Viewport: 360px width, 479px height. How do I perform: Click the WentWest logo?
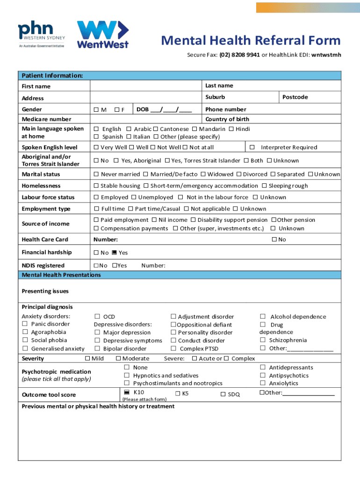pyautogui.click(x=102, y=34)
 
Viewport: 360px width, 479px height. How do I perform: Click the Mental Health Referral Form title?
pyautogui.click(x=251, y=41)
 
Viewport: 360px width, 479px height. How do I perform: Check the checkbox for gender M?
pyautogui.click(x=96, y=110)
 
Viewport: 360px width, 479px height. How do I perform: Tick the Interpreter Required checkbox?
pyautogui.click(x=252, y=148)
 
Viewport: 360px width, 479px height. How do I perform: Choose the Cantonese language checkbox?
pyautogui.click(x=156, y=129)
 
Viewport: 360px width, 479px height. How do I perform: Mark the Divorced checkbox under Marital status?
pyautogui.click(x=239, y=174)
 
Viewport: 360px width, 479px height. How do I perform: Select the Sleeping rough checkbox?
pyautogui.click(x=264, y=186)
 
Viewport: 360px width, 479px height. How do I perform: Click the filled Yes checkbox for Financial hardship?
pyautogui.click(x=114, y=253)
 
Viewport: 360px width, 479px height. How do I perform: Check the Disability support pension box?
pyautogui.click(x=193, y=220)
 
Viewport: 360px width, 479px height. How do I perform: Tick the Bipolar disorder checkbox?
pyautogui.click(x=98, y=348)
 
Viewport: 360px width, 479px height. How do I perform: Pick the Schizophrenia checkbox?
pyautogui.click(x=263, y=341)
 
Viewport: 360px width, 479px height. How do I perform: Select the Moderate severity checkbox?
pyautogui.click(x=118, y=359)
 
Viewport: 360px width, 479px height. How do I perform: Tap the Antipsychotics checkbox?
pyautogui.click(x=263, y=376)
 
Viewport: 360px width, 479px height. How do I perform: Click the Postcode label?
pyautogui.click(x=295, y=97)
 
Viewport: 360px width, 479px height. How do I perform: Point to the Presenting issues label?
pyautogui.click(x=45, y=291)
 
